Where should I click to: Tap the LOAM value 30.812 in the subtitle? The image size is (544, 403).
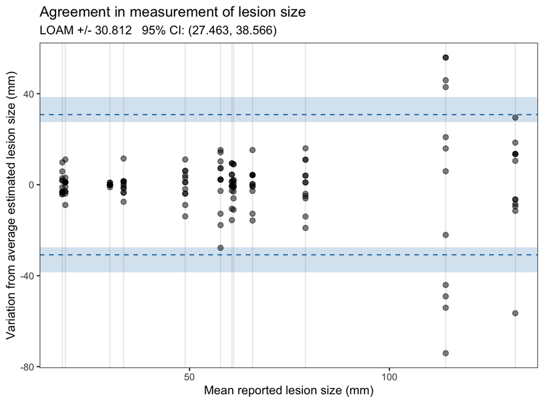[x=114, y=31]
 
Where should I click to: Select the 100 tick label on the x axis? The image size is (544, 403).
[x=390, y=376]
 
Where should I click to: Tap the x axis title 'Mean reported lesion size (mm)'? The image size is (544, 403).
[x=288, y=390]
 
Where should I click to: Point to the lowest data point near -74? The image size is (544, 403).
[x=446, y=353]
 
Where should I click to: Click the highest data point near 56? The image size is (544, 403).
[x=446, y=58]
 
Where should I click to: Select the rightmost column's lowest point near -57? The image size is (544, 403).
[x=515, y=313]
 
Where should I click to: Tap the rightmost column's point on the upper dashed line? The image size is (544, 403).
[x=515, y=117]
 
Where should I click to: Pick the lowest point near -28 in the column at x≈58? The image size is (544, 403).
[x=220, y=248]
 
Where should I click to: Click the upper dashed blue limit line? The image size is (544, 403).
[x=326, y=115]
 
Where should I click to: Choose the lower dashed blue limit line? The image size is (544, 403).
[x=326, y=255]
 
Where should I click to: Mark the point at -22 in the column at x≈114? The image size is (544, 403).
[x=446, y=235]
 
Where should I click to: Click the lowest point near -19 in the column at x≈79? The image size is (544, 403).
[x=305, y=228]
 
